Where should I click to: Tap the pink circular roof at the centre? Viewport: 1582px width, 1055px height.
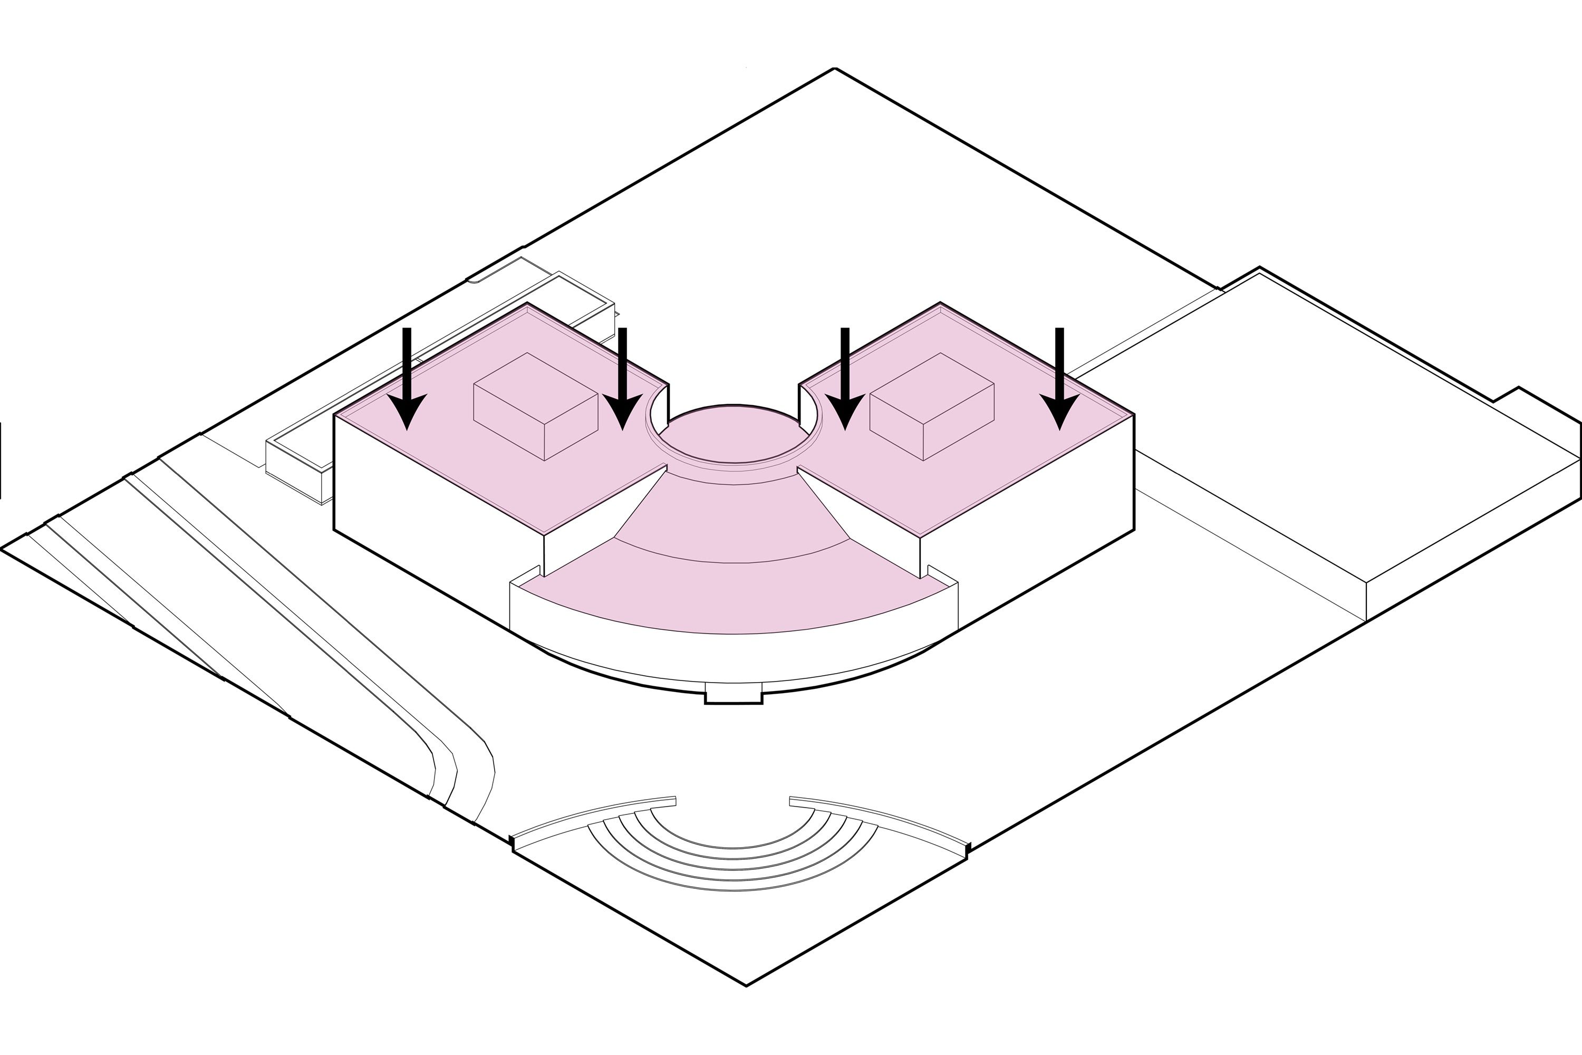(733, 434)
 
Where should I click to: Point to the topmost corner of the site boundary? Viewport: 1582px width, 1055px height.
(835, 69)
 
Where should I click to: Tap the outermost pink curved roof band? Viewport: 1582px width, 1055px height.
(733, 599)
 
